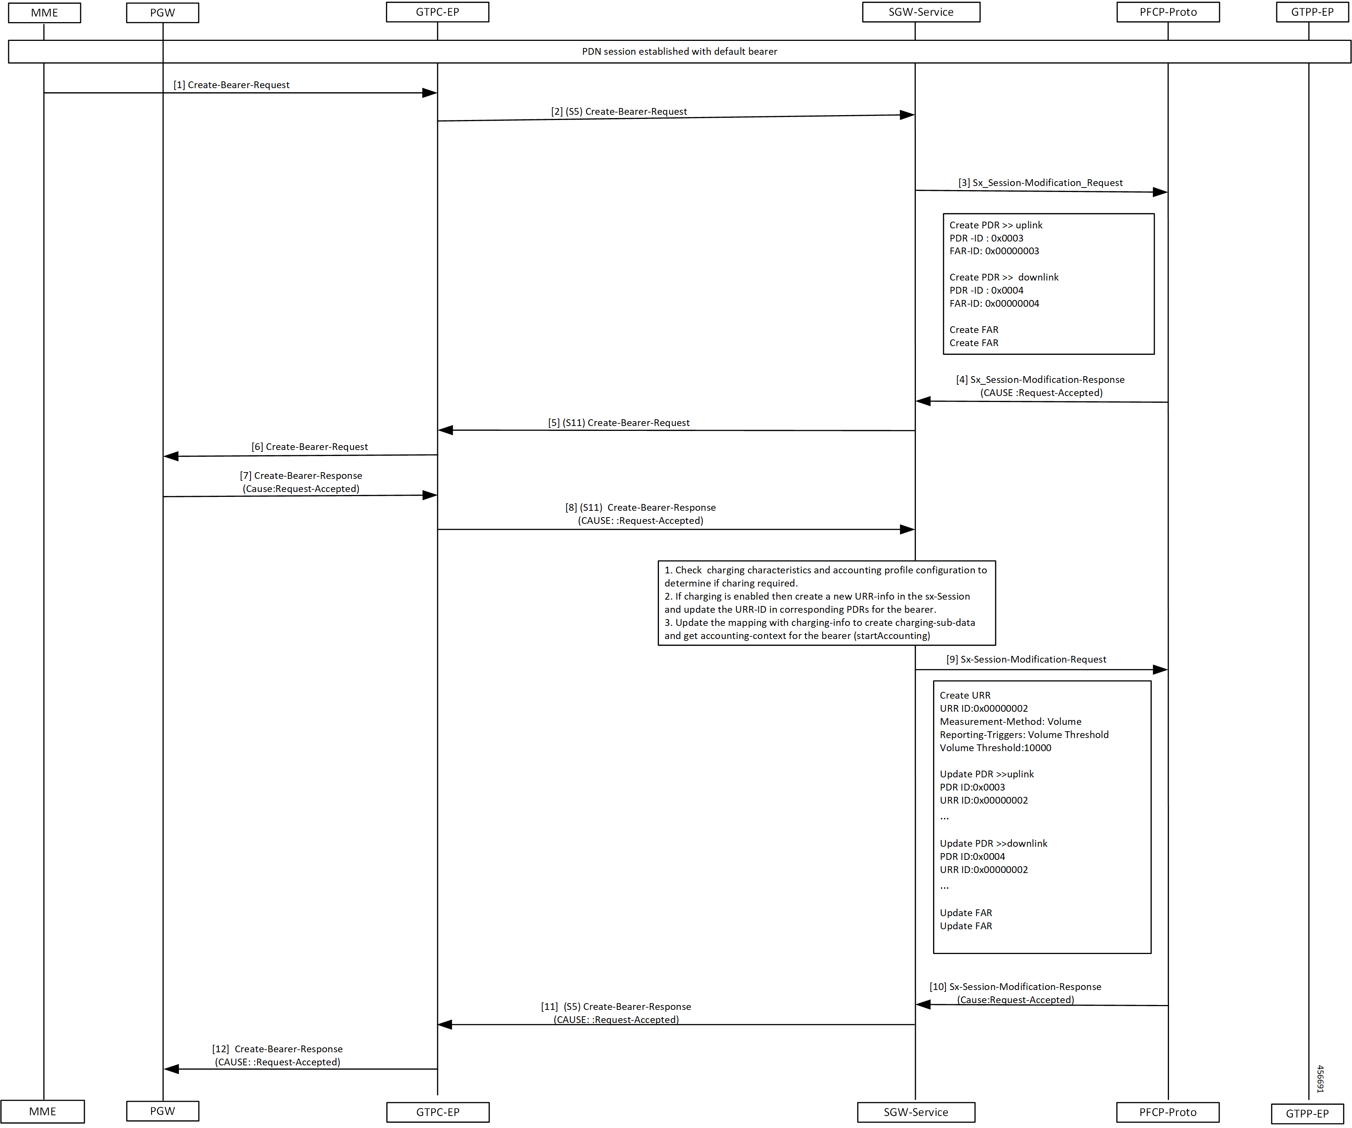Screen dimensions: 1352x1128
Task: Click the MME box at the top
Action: tap(44, 13)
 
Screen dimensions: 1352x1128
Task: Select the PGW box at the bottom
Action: tap(163, 1111)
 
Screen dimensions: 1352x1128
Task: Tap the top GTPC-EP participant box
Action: tap(438, 12)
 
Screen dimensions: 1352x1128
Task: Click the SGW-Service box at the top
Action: tap(921, 12)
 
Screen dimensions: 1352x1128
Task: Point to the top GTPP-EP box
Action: tap(1313, 12)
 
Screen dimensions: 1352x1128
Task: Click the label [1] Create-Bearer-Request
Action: tap(232, 85)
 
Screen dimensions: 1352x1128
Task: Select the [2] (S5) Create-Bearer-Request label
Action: tap(619, 111)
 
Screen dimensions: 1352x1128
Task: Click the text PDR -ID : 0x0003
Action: tap(986, 238)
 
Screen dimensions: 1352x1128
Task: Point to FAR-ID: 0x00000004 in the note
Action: tap(994, 303)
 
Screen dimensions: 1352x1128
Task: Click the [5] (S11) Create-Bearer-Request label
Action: tap(619, 423)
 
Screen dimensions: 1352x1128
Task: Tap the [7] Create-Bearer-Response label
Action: tap(301, 476)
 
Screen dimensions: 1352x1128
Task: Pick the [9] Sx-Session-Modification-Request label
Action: tap(1026, 659)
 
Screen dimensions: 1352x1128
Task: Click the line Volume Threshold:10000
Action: tap(995, 748)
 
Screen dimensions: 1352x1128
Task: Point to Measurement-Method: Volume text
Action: tap(1011, 722)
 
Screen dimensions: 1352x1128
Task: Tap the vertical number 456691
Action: tap(1320, 1079)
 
